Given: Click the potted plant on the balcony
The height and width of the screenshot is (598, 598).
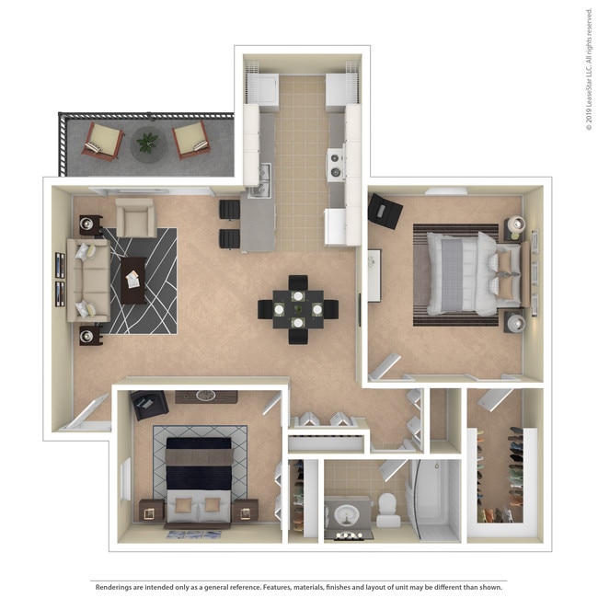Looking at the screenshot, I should pyautogui.click(x=146, y=143).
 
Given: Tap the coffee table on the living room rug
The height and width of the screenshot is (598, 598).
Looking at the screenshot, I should pyautogui.click(x=133, y=280).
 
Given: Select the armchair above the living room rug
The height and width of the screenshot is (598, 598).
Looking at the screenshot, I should pyautogui.click(x=134, y=218).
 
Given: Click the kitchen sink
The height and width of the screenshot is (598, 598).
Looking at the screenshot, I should pyautogui.click(x=261, y=175).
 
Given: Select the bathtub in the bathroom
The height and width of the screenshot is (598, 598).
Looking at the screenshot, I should pyautogui.click(x=434, y=501).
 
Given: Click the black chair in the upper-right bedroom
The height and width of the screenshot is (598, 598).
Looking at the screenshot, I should pyautogui.click(x=385, y=212).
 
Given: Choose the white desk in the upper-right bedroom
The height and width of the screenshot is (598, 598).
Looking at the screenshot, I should pyautogui.click(x=374, y=274).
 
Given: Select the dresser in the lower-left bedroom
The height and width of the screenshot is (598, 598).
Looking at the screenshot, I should pyautogui.click(x=205, y=397).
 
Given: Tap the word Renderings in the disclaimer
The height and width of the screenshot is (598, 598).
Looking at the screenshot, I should pyautogui.click(x=117, y=586).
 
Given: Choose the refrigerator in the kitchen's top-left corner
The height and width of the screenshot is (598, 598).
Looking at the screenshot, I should pyautogui.click(x=263, y=89).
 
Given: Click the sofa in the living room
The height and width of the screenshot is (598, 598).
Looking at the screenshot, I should pyautogui.click(x=86, y=280).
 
